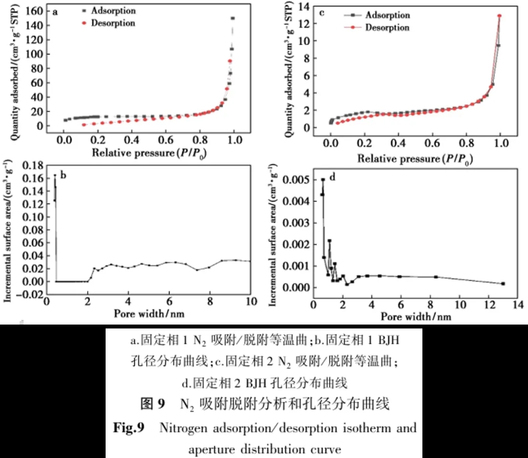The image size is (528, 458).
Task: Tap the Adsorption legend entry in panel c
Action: point(387,15)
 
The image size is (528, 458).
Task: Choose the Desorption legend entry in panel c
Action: point(387,27)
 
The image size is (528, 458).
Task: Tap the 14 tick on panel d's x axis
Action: point(518,306)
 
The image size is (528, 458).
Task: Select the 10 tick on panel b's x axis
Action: point(250,301)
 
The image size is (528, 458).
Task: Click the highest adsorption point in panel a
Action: point(233,19)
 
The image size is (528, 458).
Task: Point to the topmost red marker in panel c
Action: point(500,16)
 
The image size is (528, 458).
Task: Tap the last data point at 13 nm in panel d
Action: point(503,284)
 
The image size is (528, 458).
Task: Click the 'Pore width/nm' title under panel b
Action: point(150,313)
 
